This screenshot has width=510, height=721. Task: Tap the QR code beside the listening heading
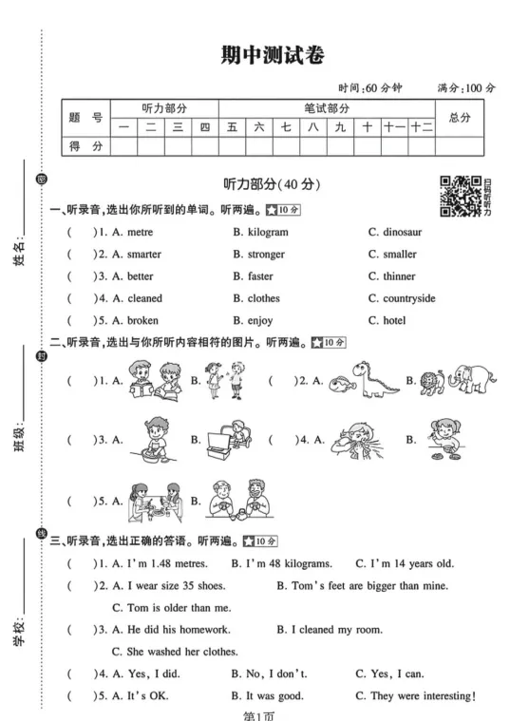click(x=460, y=196)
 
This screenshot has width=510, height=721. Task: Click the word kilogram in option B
click(x=267, y=233)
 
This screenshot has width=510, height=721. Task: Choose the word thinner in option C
click(x=399, y=276)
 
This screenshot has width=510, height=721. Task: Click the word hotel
click(x=393, y=321)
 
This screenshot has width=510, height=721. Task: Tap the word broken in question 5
click(x=142, y=321)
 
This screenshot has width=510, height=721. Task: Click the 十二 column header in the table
click(x=422, y=127)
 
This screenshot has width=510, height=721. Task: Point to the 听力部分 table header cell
click(x=164, y=109)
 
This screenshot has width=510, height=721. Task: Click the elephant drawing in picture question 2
click(x=473, y=377)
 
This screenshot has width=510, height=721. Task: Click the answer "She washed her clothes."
click(x=175, y=653)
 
